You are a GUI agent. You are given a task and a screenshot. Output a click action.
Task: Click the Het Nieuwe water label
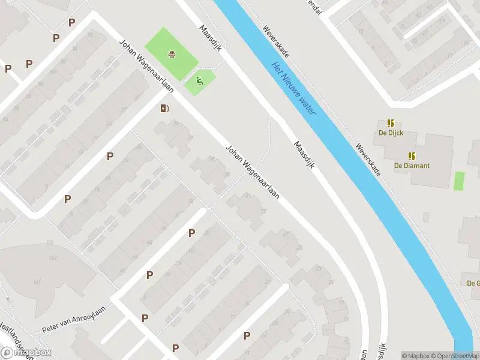(x=293, y=88)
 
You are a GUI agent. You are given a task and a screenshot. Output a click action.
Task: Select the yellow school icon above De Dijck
(x=391, y=123)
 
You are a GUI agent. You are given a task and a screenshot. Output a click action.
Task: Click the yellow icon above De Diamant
(x=412, y=155)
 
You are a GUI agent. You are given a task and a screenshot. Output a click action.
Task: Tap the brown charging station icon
(x=164, y=108)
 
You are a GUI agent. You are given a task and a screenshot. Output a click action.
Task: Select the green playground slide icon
(x=200, y=81)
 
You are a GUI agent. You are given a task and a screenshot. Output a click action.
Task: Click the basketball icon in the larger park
(x=173, y=55)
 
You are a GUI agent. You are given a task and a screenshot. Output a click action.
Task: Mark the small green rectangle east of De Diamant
(x=459, y=181)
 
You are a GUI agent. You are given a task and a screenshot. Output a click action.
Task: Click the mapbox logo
(x=26, y=353)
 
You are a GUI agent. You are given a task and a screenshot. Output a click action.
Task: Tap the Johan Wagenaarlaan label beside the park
(x=146, y=66)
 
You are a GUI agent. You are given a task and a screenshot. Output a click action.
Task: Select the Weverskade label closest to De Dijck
(x=368, y=158)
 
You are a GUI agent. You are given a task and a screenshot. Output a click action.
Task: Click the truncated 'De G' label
(x=473, y=283)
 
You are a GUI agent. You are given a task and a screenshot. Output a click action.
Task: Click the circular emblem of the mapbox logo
(x=7, y=353)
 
